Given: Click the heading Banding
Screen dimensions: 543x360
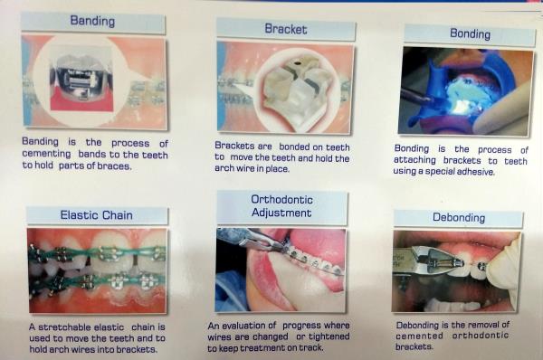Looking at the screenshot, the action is click(92, 21).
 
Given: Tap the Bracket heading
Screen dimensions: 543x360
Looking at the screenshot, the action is click(286, 29).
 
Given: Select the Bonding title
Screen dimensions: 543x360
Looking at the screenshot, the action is click(470, 34).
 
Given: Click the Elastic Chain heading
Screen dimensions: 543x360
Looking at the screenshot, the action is click(96, 215).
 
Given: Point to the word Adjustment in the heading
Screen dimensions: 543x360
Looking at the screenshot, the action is click(281, 213).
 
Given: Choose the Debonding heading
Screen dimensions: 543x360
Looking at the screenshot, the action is click(459, 217).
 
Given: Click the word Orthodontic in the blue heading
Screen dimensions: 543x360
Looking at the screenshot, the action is click(281, 199).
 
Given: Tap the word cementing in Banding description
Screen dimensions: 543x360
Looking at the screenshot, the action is click(46, 154).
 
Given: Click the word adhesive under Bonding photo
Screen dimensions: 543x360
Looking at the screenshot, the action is click(475, 172).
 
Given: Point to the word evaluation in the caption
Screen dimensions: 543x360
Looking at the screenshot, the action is click(244, 326).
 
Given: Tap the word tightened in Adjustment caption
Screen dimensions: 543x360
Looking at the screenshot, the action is click(329, 336).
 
